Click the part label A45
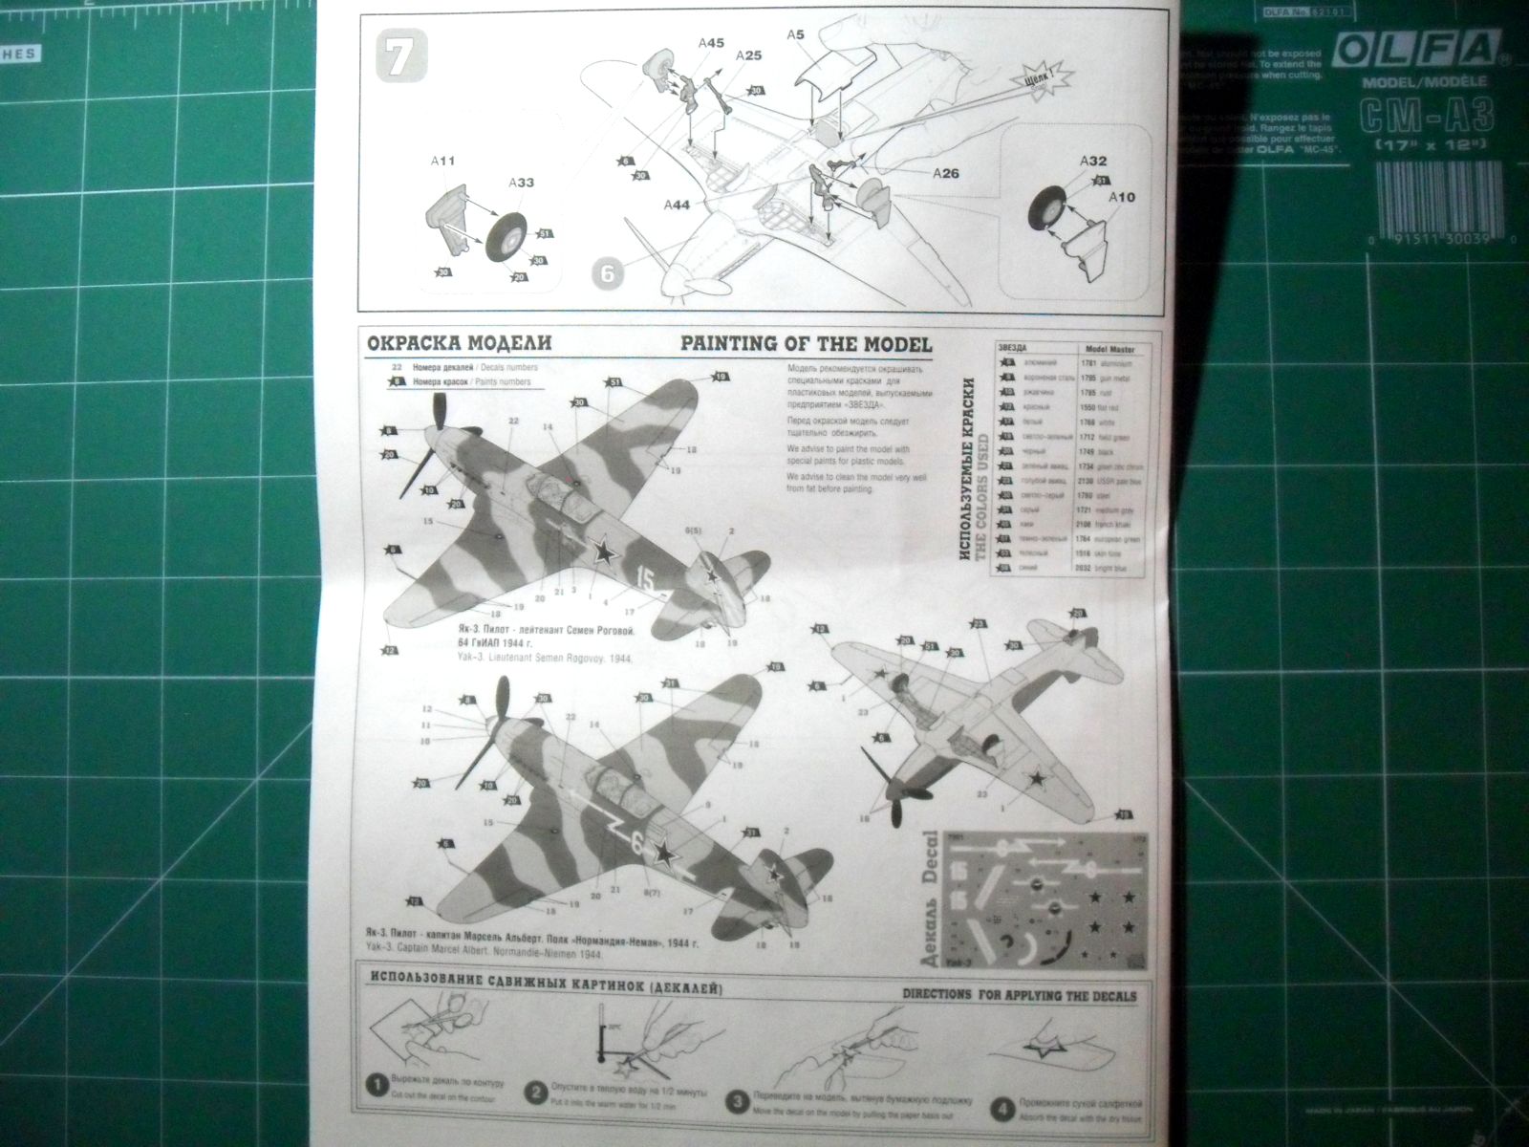pos(711,43)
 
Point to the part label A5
pos(795,35)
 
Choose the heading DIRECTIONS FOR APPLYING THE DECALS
pos(1020,995)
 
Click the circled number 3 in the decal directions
pos(736,1101)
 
